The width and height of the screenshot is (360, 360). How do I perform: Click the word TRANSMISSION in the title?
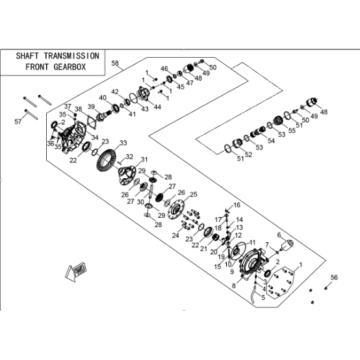point(71,56)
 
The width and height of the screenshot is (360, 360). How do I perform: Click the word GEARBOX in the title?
point(70,67)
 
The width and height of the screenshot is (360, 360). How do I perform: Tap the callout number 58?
point(115,63)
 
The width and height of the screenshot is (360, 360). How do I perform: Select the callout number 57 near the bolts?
point(18,122)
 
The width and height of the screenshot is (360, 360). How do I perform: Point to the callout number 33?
point(123,143)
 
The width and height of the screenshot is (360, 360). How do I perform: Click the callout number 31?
point(144,159)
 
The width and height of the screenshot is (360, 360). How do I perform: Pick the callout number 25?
point(194,194)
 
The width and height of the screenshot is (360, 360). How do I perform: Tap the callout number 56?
point(334,277)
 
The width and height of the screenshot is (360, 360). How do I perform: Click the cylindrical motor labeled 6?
point(287,246)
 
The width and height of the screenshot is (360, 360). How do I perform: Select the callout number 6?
point(279,235)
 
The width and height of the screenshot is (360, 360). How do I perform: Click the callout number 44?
point(157,107)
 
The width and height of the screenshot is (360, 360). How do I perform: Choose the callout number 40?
point(103,97)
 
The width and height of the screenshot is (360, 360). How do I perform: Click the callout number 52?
point(248,155)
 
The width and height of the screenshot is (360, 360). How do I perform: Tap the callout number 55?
point(292,130)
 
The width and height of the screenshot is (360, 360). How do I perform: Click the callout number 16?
point(237,205)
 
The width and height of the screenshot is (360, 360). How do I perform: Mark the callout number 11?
point(253,242)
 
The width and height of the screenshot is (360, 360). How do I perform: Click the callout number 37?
point(68,107)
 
